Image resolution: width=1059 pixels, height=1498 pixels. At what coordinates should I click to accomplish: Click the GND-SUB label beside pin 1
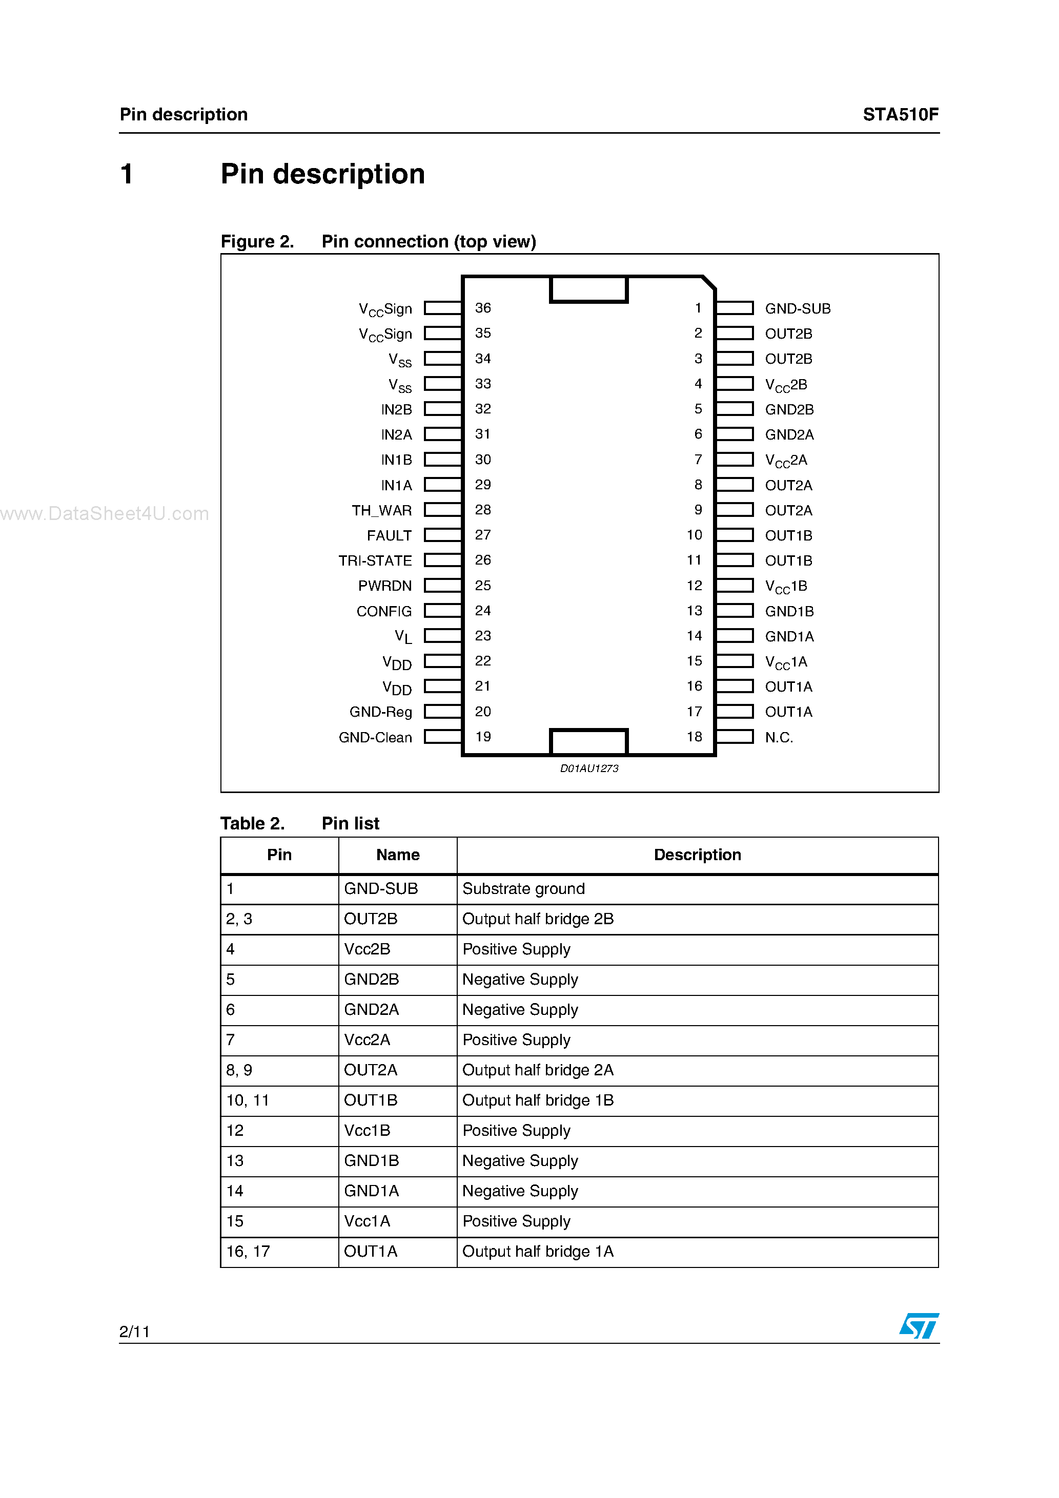(797, 308)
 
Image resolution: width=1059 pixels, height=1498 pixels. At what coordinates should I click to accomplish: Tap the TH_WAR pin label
(381, 510)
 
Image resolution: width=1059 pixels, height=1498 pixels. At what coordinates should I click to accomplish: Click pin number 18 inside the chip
(694, 737)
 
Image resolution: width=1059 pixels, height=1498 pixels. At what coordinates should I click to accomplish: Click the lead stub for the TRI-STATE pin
(443, 560)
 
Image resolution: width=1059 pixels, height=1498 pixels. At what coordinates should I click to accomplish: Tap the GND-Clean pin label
(375, 737)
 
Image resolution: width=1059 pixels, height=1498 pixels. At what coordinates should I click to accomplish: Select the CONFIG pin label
(384, 611)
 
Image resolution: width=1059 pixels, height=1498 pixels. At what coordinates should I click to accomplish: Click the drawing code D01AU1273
(589, 768)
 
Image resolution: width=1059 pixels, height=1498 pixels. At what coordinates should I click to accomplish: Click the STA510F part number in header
(900, 115)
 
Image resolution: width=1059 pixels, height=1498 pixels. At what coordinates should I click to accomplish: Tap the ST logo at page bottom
(919, 1326)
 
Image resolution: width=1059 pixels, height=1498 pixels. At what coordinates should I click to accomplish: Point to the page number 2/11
(134, 1331)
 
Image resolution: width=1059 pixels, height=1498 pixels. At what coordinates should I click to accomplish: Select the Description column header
(697, 855)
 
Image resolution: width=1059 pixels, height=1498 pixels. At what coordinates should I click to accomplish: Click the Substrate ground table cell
(524, 889)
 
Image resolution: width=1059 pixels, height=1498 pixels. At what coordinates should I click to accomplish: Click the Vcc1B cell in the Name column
(367, 1131)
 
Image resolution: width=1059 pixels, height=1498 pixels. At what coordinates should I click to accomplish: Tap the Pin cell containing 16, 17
(248, 1252)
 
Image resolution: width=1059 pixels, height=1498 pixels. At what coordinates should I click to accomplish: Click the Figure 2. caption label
(257, 241)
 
